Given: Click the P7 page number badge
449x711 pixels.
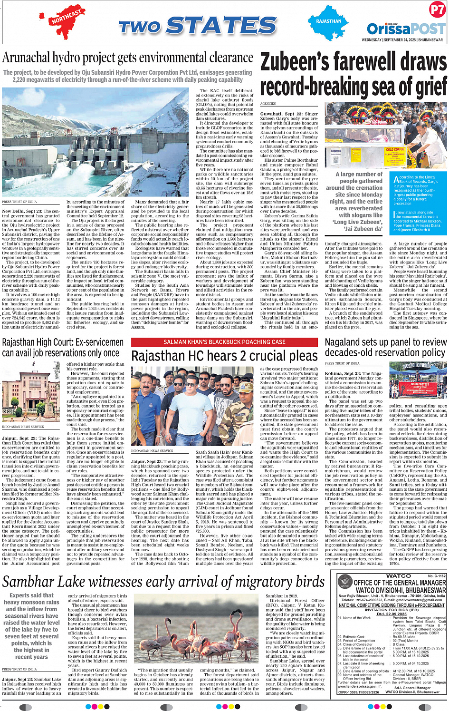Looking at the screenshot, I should pos(437,10).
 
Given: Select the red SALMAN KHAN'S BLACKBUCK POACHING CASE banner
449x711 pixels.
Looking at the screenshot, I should pos(224,342).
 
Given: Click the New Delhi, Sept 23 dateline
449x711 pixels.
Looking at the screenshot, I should pos(22,211).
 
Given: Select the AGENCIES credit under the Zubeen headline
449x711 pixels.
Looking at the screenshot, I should pos(268,103).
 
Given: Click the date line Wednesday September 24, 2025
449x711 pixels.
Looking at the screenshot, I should pos(402,40).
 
